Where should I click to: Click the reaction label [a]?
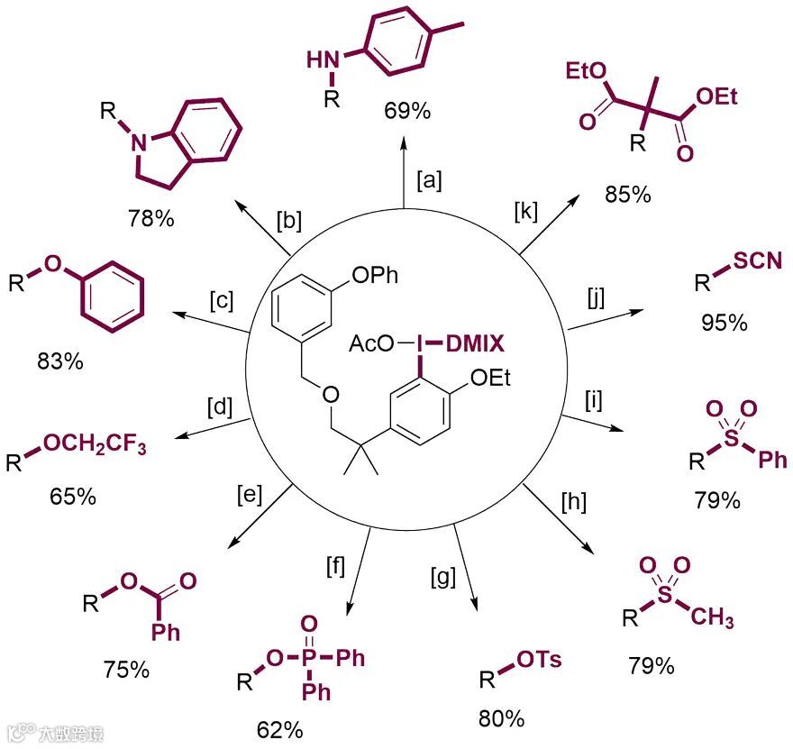tap(429, 179)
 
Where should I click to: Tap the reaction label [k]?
tap(525, 214)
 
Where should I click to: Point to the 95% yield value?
tap(724, 322)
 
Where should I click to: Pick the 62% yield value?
tap(278, 728)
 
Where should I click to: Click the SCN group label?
tap(755, 262)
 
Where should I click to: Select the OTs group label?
tap(539, 660)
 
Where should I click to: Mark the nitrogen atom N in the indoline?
tap(134, 139)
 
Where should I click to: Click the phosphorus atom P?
tap(305, 658)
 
